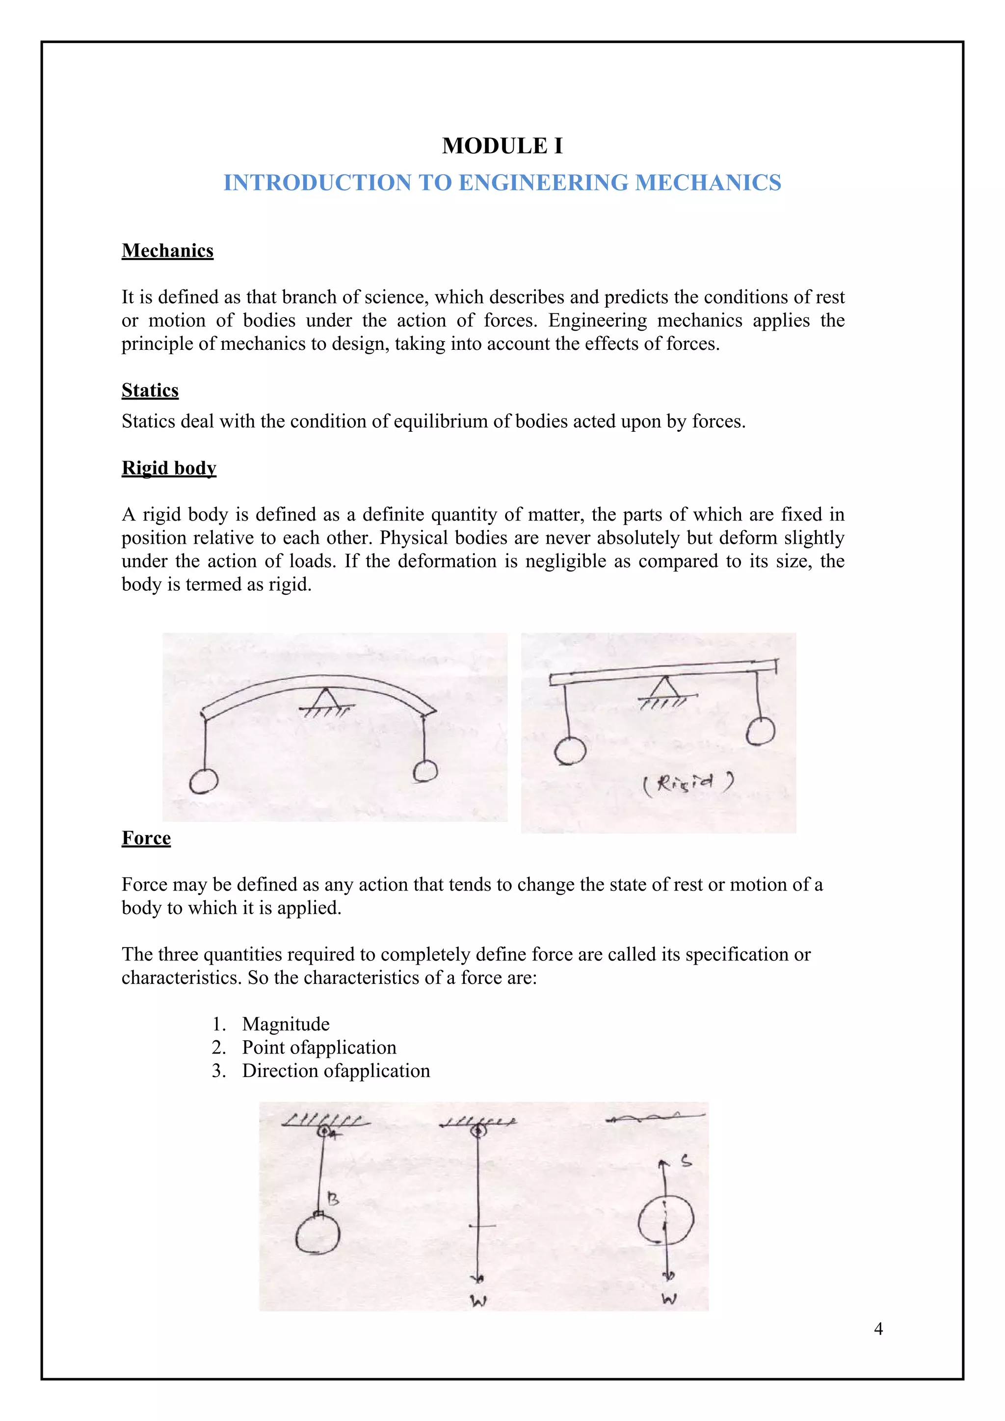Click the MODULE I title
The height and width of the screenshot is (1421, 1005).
[x=502, y=146]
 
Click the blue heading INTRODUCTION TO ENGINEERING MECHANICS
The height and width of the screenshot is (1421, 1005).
[x=502, y=183]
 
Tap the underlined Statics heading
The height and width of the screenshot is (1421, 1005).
[x=150, y=391]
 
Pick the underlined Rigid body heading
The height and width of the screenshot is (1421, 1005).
[x=169, y=468]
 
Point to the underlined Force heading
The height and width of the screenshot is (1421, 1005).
[x=146, y=838]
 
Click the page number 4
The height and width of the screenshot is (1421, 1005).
[x=877, y=1329]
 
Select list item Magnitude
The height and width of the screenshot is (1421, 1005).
[x=285, y=1024]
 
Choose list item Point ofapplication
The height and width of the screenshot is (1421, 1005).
[x=318, y=1048]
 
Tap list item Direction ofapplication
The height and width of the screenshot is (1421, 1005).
[x=336, y=1071]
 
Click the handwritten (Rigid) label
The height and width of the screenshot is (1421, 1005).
[x=688, y=784]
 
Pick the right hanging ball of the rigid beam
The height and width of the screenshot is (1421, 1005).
[x=760, y=731]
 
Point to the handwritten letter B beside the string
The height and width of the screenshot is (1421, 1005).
[x=333, y=1199]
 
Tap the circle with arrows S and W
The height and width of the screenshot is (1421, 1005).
[x=665, y=1219]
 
